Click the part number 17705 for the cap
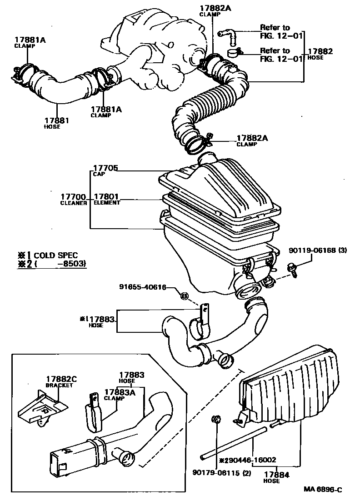tap(105, 168)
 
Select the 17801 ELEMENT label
tap(106, 199)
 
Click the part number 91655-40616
tap(142, 287)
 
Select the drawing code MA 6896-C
tap(323, 490)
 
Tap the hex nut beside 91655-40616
tap(185, 296)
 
